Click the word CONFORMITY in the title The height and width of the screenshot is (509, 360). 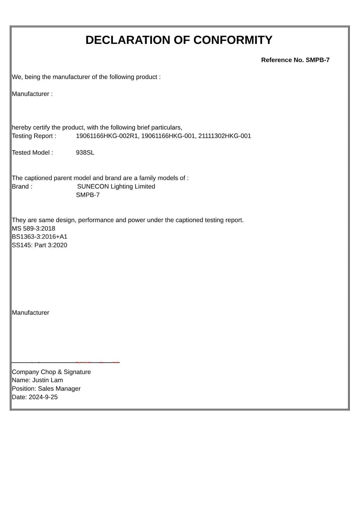233,40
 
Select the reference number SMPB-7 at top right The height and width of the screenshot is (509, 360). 317,60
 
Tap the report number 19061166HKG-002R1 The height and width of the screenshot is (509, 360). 107,136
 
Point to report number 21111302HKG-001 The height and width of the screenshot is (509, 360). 225,136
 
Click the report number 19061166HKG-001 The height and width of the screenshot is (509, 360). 168,136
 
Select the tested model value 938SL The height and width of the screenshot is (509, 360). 85,153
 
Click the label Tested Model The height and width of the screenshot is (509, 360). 32,153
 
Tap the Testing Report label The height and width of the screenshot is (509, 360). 34,136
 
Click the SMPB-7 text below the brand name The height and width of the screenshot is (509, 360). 88,195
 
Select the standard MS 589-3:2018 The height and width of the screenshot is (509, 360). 33,228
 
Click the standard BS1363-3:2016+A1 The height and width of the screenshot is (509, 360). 39,237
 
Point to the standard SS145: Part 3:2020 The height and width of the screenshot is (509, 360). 39,245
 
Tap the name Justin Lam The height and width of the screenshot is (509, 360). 47,380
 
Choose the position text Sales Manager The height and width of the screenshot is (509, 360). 59,389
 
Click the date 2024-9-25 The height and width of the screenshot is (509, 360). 43,397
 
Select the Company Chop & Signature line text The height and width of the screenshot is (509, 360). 51,372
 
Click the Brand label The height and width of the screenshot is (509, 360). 22,186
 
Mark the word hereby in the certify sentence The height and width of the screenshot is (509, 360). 21,128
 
